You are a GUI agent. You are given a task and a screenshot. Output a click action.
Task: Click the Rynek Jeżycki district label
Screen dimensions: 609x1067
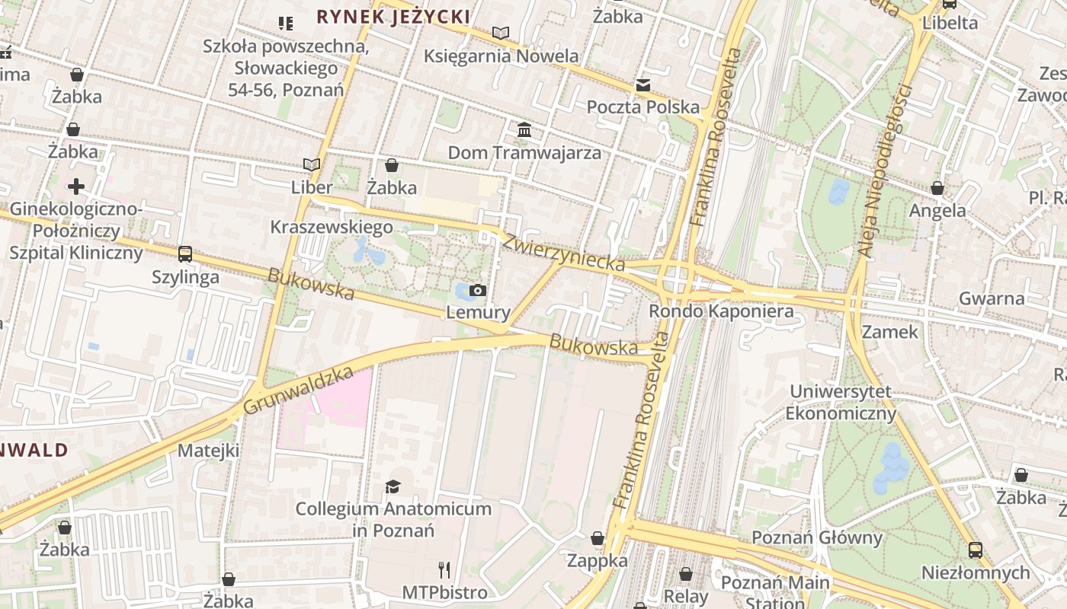pos(393,16)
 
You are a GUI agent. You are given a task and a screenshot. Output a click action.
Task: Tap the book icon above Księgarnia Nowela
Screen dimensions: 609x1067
pos(500,33)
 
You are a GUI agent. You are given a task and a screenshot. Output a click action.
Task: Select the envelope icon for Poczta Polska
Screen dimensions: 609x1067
pos(643,84)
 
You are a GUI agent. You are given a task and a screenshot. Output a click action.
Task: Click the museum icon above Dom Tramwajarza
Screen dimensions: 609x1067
pos(524,130)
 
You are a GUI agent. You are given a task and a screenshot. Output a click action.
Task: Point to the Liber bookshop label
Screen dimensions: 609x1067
pos(312,187)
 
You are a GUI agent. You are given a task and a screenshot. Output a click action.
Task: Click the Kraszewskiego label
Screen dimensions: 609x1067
pos(332,227)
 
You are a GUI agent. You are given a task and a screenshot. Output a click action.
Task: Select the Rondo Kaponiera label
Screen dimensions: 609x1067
pos(721,311)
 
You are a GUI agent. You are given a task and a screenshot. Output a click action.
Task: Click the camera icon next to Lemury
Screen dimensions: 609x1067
pos(478,290)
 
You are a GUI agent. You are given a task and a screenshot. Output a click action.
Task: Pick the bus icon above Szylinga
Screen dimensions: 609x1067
pos(185,254)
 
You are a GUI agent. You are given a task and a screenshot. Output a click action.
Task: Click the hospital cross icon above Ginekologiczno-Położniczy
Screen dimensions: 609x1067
pos(76,186)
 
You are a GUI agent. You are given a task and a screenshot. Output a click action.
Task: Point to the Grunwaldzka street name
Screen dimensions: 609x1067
pos(299,390)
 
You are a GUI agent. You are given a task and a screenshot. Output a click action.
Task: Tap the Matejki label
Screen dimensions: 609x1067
pos(208,450)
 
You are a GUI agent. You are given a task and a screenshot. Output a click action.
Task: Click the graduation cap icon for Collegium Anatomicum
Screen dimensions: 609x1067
pos(393,486)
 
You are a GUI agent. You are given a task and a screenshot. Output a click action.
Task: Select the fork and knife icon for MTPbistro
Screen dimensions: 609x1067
pos(444,569)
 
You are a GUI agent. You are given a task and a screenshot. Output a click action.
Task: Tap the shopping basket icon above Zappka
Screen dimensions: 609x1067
pos(598,538)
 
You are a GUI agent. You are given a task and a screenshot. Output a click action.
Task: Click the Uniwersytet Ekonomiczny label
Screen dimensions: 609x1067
pos(841,403)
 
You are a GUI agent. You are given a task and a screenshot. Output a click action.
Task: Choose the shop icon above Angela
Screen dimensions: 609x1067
pos(937,188)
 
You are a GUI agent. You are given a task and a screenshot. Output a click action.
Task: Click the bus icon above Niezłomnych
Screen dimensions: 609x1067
pos(975,550)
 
